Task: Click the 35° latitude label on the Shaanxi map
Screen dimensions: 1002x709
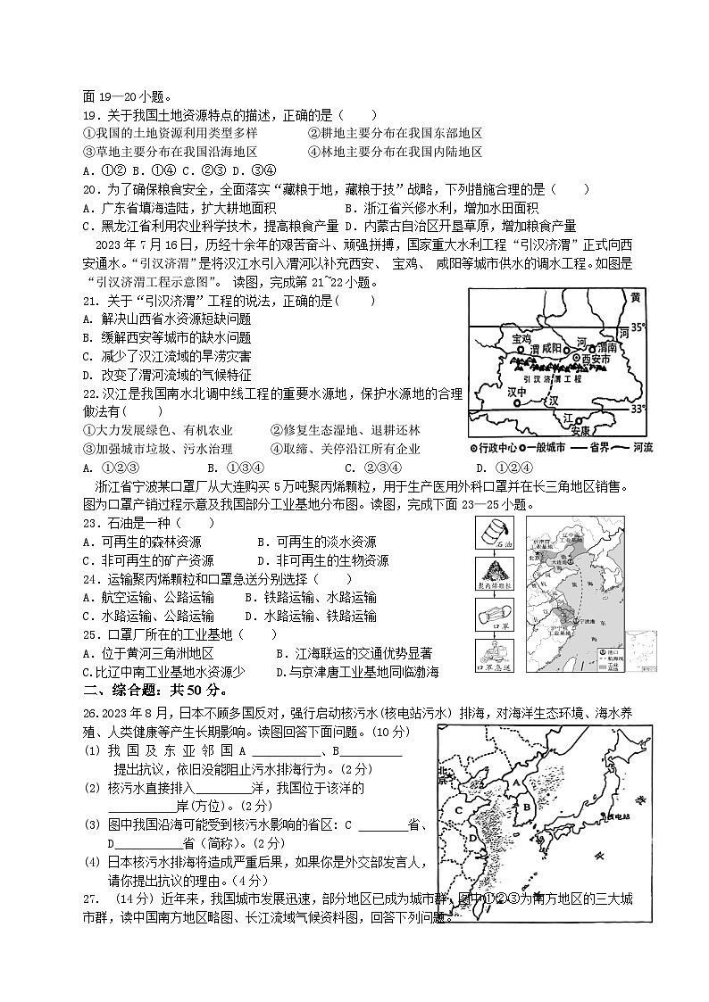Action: [637, 327]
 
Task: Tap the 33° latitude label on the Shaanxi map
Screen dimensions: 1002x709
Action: [637, 409]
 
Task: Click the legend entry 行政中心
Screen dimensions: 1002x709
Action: [497, 447]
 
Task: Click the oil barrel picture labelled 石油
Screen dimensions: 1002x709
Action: [493, 532]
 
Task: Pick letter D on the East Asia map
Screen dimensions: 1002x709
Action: [471, 840]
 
